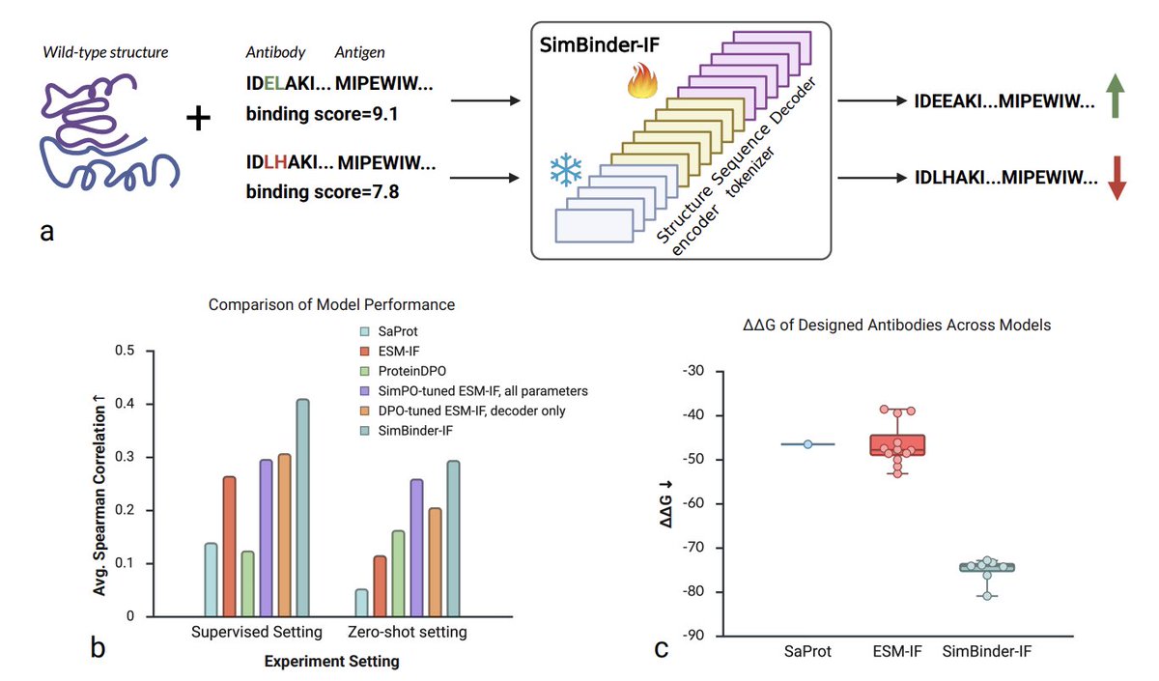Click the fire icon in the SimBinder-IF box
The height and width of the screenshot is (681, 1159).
click(x=640, y=83)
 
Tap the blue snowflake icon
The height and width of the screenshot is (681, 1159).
click(x=566, y=171)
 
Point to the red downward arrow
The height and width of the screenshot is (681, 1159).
click(x=1116, y=178)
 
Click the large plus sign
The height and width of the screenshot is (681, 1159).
click(x=198, y=120)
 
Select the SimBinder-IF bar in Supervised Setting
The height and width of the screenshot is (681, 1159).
click(x=302, y=507)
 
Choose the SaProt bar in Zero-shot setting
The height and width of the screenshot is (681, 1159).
click(x=360, y=603)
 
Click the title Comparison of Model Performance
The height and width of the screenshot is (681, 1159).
click(x=331, y=305)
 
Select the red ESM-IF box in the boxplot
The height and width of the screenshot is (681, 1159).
click(x=897, y=444)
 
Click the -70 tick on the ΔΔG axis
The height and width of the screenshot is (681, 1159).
click(x=697, y=548)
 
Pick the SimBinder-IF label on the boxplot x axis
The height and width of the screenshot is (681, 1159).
click(x=986, y=653)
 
